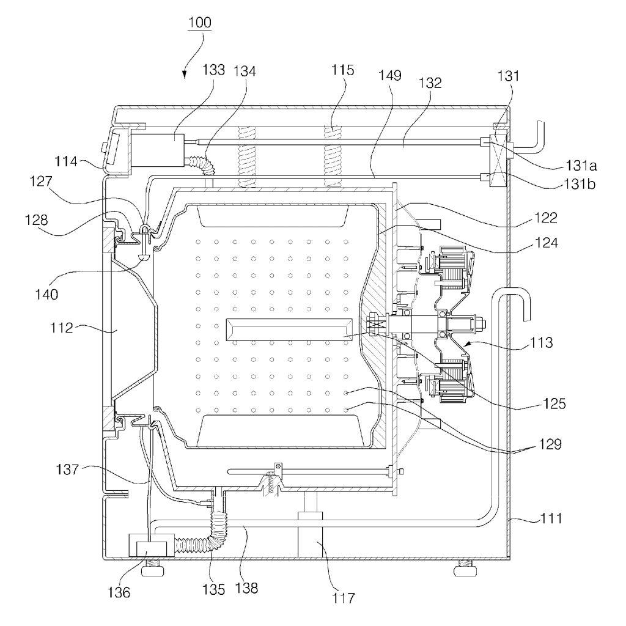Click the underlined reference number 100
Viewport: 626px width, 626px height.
coord(200,23)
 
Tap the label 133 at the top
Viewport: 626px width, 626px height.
coord(214,70)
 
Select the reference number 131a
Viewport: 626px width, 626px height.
coord(581,165)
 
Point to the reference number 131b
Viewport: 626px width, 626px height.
coord(580,184)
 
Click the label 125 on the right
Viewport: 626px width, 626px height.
coord(554,403)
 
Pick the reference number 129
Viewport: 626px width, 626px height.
coord(550,444)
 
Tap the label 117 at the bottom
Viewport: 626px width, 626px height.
coord(344,598)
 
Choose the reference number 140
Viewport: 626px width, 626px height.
coord(46,295)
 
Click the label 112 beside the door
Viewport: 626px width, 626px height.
coord(62,328)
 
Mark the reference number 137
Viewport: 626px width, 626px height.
coord(67,469)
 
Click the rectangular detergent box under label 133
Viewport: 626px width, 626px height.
coord(158,150)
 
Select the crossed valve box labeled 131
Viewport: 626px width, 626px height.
coord(498,158)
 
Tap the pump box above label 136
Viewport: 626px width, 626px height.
coord(152,545)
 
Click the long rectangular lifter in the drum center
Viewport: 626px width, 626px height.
coord(289,330)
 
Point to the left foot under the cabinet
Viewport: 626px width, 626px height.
coord(153,569)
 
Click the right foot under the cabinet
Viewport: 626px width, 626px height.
coord(465,569)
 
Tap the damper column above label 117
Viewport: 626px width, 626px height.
coord(310,524)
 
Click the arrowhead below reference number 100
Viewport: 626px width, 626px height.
coord(185,74)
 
